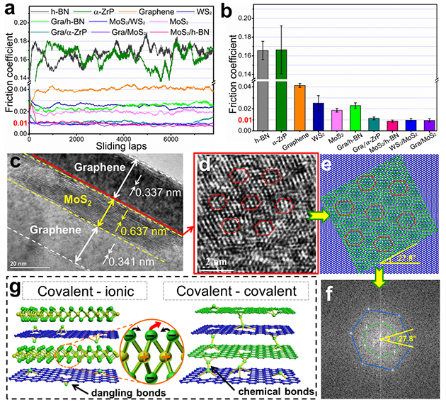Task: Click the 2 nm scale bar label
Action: (x=212, y=262)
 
